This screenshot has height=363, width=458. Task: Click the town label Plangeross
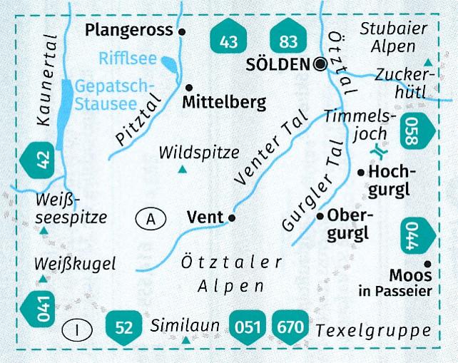128,30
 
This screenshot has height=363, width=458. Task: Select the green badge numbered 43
228,41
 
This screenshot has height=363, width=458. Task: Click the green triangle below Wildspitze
183,169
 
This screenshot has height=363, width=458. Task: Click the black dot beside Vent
231,218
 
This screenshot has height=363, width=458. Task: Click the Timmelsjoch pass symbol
379,151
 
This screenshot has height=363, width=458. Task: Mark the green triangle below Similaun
187,341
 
